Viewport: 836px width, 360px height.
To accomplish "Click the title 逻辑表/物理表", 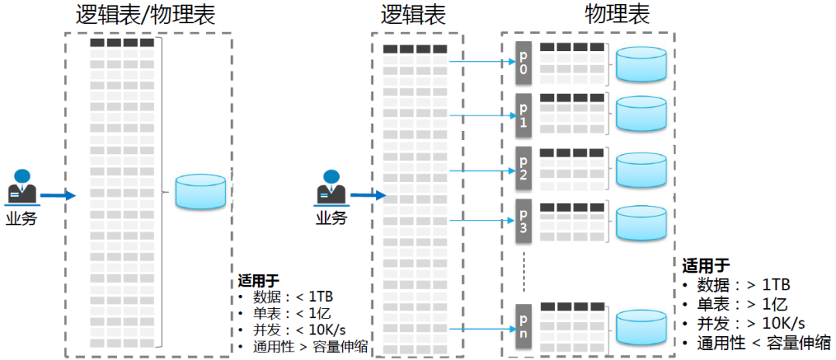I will pyautogui.click(x=146, y=15).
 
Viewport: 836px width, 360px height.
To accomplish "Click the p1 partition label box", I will pyautogui.click(x=523, y=115).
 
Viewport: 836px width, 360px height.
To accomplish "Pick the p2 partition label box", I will pyautogui.click(x=523, y=167).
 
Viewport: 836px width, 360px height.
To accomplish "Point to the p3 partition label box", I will pyautogui.click(x=523, y=221).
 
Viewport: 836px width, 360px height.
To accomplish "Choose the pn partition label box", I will pyautogui.click(x=523, y=326).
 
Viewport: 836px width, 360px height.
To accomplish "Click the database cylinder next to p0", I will pyautogui.click(x=642, y=65).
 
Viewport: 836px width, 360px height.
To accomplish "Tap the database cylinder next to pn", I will pyautogui.click(x=642, y=327).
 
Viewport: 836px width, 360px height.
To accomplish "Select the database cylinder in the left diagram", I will pyautogui.click(x=200, y=191).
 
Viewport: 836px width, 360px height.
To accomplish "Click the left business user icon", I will pyautogui.click(x=22, y=187).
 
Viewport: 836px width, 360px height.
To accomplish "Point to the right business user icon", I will pyautogui.click(x=331, y=187).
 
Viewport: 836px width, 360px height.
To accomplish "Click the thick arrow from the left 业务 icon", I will pyautogui.click(x=58, y=196).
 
